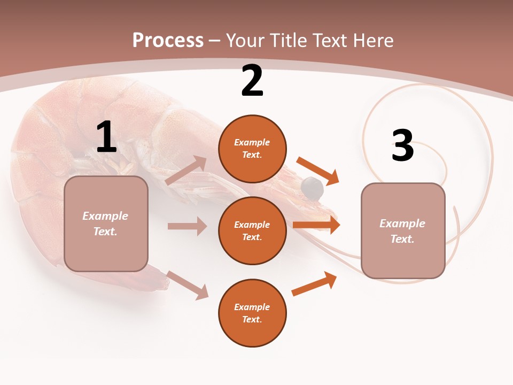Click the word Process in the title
pyautogui.click(x=168, y=40)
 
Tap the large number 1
pyautogui.click(x=106, y=137)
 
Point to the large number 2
pyautogui.click(x=252, y=81)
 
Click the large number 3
pyautogui.click(x=402, y=145)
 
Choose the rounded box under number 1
pyautogui.click(x=106, y=224)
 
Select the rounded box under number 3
pyautogui.click(x=403, y=231)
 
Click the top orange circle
pyautogui.click(x=252, y=148)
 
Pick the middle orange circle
pyautogui.click(x=252, y=230)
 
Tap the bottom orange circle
pyautogui.click(x=252, y=313)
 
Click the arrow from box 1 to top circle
pyautogui.click(x=186, y=171)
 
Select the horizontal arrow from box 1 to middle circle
pyautogui.click(x=187, y=226)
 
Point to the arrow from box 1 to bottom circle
pyautogui.click(x=187, y=285)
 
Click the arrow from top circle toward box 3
pyautogui.click(x=318, y=171)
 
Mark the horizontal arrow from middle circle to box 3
pyautogui.click(x=316, y=225)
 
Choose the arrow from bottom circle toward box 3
pyautogui.click(x=314, y=283)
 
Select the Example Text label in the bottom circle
pyautogui.click(x=252, y=313)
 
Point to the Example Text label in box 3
pyautogui.click(x=402, y=231)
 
